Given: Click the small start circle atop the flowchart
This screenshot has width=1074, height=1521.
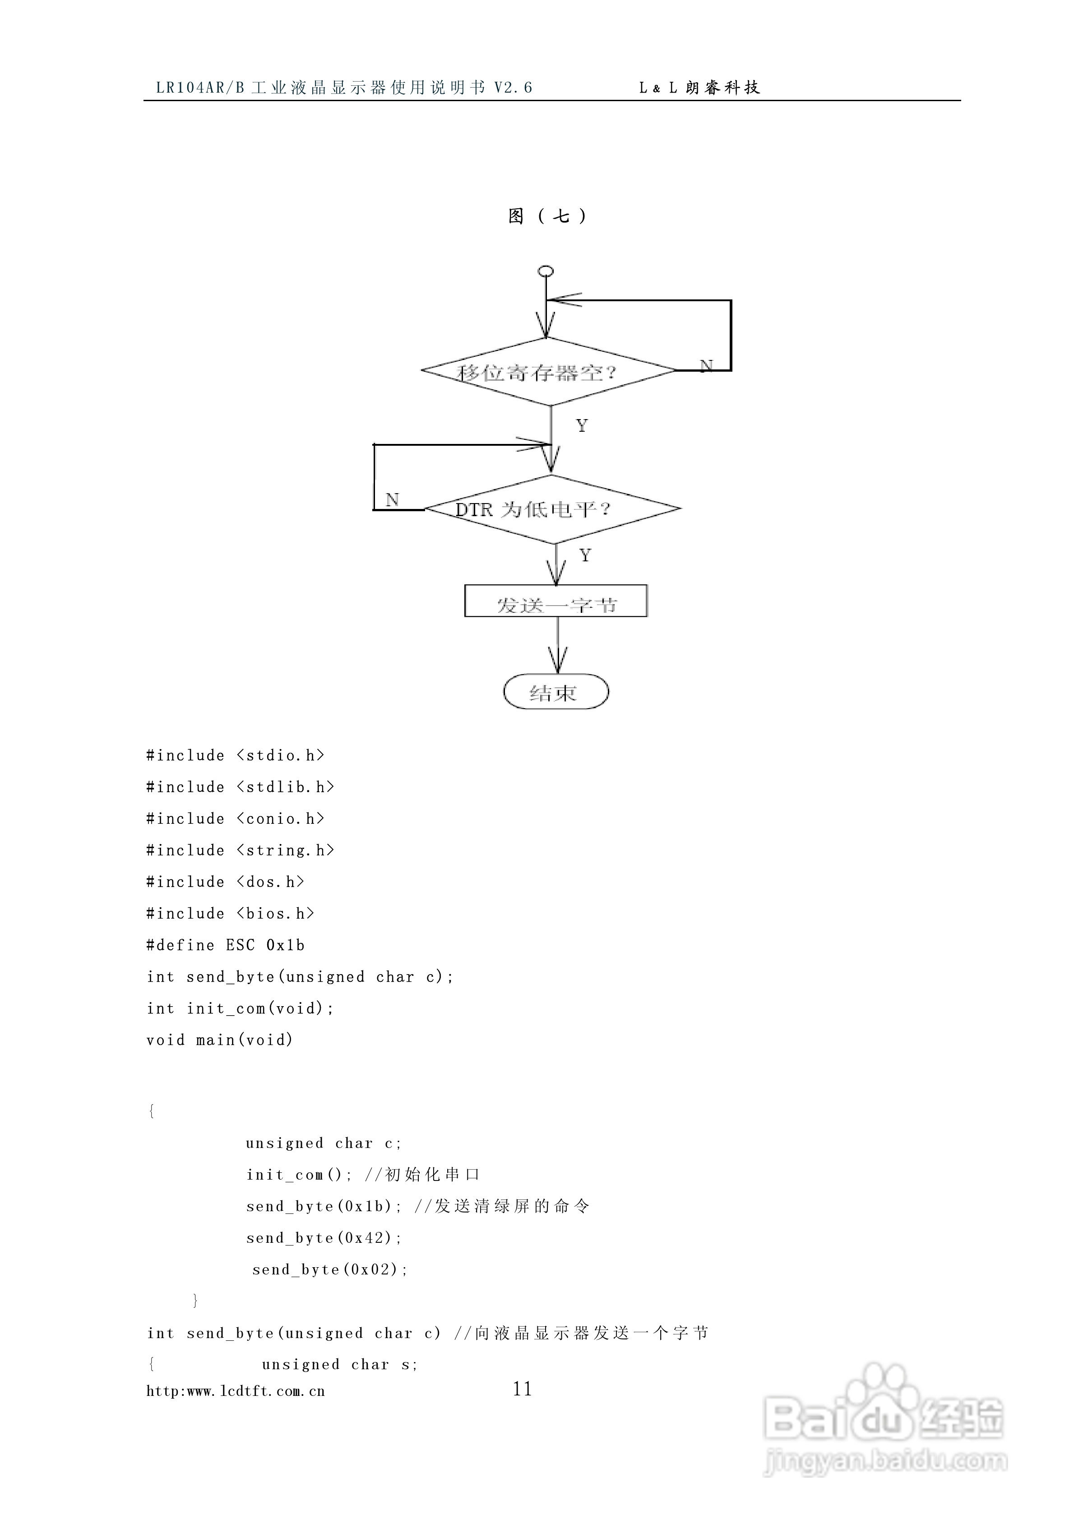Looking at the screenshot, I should point(546,271).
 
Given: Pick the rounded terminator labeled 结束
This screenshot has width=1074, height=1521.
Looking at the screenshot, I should point(556,692).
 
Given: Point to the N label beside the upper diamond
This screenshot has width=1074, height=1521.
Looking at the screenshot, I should point(707,366).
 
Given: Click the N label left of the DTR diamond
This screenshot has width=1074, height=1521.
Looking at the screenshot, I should point(392,499).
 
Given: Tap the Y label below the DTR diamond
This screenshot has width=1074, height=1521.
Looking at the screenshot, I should point(585,555).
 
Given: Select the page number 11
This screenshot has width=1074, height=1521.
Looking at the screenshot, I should point(523,1389).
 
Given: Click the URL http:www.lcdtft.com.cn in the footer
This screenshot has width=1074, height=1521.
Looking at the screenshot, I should point(236,1391).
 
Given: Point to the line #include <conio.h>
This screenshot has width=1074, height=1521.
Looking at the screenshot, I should point(235,819).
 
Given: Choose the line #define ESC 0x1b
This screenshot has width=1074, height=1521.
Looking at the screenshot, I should point(225,945).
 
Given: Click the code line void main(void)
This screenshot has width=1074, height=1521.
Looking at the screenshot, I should point(219,1040).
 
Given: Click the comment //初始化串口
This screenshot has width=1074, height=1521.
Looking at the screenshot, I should point(422,1175).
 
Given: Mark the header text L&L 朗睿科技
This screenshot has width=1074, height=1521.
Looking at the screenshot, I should point(699,88).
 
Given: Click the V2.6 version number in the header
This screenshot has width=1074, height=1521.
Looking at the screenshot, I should point(513,88).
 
